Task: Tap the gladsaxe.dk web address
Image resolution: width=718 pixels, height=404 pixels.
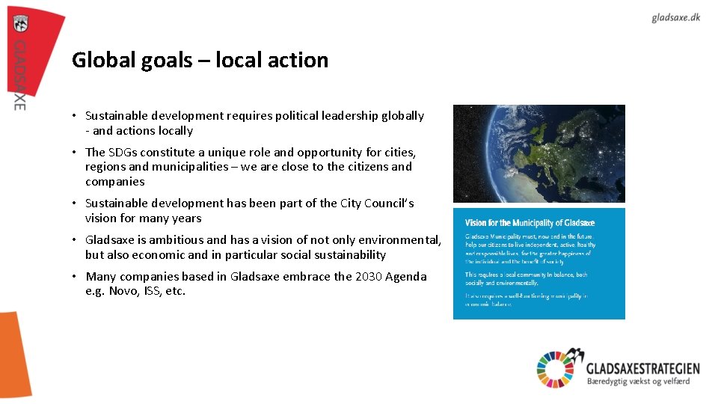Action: click(x=675, y=17)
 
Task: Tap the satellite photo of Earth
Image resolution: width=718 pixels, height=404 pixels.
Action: click(x=538, y=153)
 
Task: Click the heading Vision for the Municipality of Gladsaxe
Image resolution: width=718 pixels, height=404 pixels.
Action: click(x=530, y=223)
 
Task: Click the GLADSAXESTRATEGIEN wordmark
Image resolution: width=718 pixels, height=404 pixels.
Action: click(x=642, y=367)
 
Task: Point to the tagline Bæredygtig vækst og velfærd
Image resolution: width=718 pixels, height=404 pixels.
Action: click(x=638, y=382)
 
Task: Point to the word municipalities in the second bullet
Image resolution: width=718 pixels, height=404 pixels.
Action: click(x=186, y=167)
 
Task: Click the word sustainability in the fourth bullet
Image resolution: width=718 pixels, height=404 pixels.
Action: click(x=348, y=254)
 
